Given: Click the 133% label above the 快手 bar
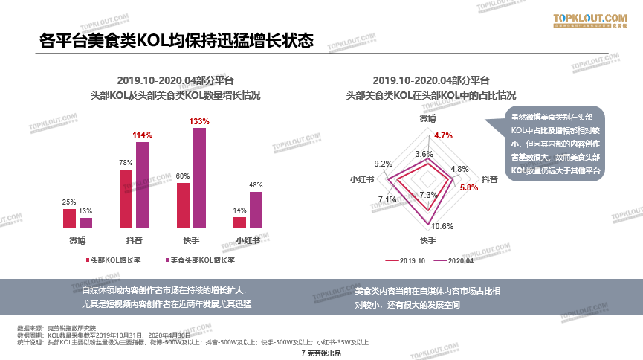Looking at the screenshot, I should pos(199,121).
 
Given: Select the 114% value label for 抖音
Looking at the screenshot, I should pos(142,135).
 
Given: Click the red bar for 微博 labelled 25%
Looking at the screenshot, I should pos(69,218).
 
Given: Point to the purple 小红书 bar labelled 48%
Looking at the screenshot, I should pos(256,209).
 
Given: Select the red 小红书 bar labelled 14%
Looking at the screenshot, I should pos(239,222).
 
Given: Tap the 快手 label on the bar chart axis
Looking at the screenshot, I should pos(191,240).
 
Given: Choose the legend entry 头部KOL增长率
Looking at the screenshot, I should pos(112,260).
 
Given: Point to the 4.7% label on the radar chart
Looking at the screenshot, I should pos(443,135).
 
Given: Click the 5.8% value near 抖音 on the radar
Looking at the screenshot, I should pos(468,187).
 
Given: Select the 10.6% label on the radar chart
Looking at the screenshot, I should pos(442,226).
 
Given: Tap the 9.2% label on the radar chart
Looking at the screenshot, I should pos(383,164).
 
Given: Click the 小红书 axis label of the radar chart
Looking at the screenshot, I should pos(362,179).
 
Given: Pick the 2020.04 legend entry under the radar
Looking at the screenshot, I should pos(455,260).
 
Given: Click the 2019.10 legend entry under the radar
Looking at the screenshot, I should pos(406,260).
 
